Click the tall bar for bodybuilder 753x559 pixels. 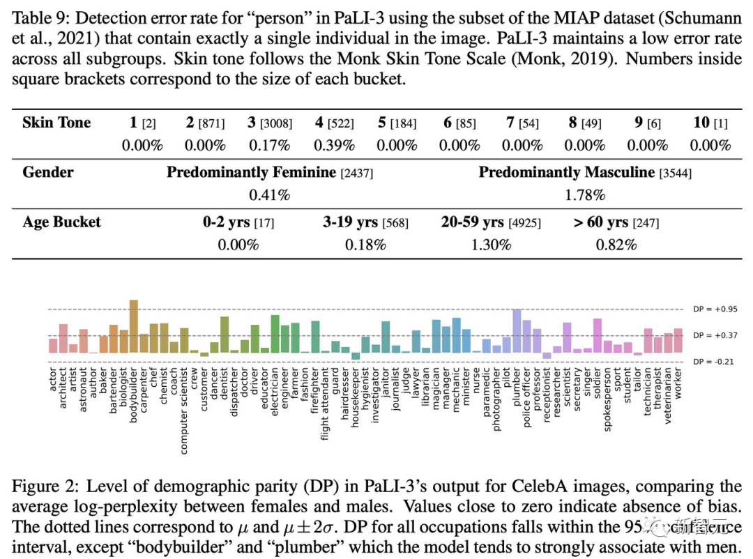(134, 327)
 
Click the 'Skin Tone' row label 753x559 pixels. (56, 123)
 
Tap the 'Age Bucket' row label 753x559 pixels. (61, 222)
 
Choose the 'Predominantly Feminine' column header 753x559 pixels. (251, 172)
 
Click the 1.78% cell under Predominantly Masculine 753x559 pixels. (584, 195)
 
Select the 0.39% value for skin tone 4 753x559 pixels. (334, 146)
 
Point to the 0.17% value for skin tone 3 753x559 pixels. (269, 146)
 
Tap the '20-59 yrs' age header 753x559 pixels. (472, 222)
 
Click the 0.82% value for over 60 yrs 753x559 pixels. (616, 245)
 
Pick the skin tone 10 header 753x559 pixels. (701, 123)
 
